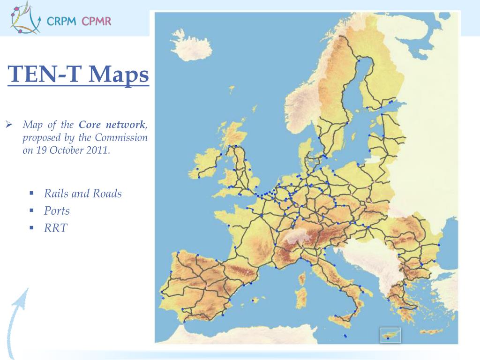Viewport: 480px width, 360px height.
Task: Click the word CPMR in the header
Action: (97, 21)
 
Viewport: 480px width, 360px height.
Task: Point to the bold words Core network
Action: (112, 125)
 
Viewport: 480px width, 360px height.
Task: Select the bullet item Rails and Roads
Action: (82, 194)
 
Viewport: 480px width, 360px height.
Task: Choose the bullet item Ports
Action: (57, 211)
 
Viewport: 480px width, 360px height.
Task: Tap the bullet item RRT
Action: (56, 228)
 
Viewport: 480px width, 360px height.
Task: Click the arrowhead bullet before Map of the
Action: (8, 125)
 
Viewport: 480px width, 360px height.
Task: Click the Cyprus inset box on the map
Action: (390, 335)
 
